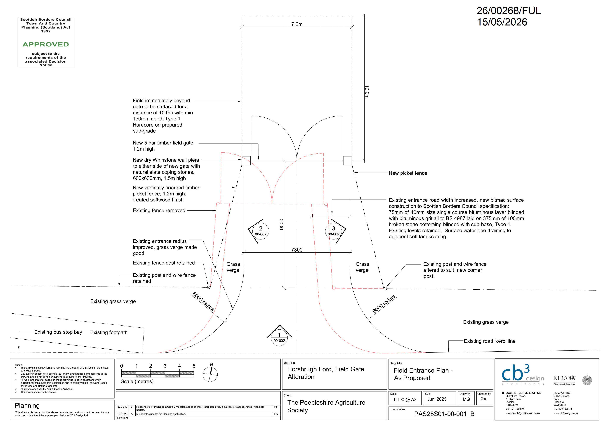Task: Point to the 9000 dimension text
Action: tap(281, 224)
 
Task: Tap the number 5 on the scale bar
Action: tap(194, 366)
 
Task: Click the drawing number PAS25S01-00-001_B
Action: tap(444, 414)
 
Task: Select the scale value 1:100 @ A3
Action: tap(405, 400)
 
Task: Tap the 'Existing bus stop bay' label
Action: tap(58, 332)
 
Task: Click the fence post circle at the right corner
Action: tap(385, 288)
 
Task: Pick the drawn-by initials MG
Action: tap(466, 399)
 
